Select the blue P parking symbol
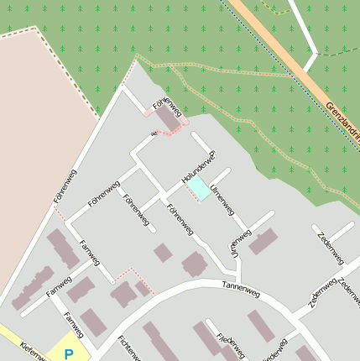click(x=69, y=353)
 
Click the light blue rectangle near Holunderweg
click(x=202, y=190)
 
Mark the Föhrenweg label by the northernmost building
click(x=167, y=107)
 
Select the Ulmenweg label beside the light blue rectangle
click(x=222, y=198)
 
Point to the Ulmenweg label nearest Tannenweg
click(x=232, y=243)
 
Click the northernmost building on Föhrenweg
click(x=169, y=119)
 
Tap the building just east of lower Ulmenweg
click(x=263, y=241)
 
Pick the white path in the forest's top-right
click(x=307, y=34)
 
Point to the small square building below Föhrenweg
click(x=163, y=253)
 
